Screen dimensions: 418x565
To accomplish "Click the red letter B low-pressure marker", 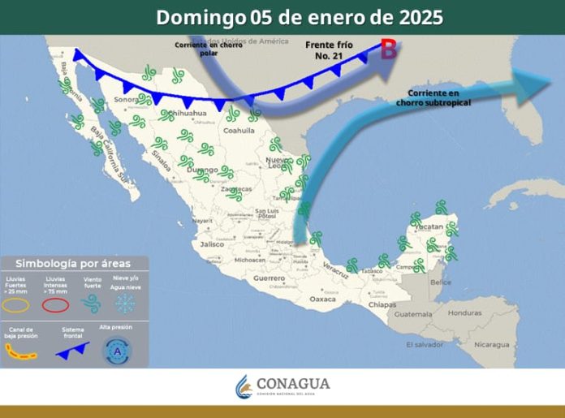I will pos(389,50).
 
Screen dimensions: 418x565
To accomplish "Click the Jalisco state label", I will pos(213,243).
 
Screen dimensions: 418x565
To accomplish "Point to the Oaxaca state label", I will pos(322,299).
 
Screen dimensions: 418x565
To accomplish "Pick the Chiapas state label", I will pos(382,304).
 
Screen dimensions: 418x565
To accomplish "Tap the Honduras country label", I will pos(465,312).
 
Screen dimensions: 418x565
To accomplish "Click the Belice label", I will pos(441,282).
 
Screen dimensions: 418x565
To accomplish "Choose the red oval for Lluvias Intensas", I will pos(54,305).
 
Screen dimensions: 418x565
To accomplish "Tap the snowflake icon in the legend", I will pos(125,304).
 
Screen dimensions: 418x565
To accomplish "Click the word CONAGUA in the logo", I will pos(292,383).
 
